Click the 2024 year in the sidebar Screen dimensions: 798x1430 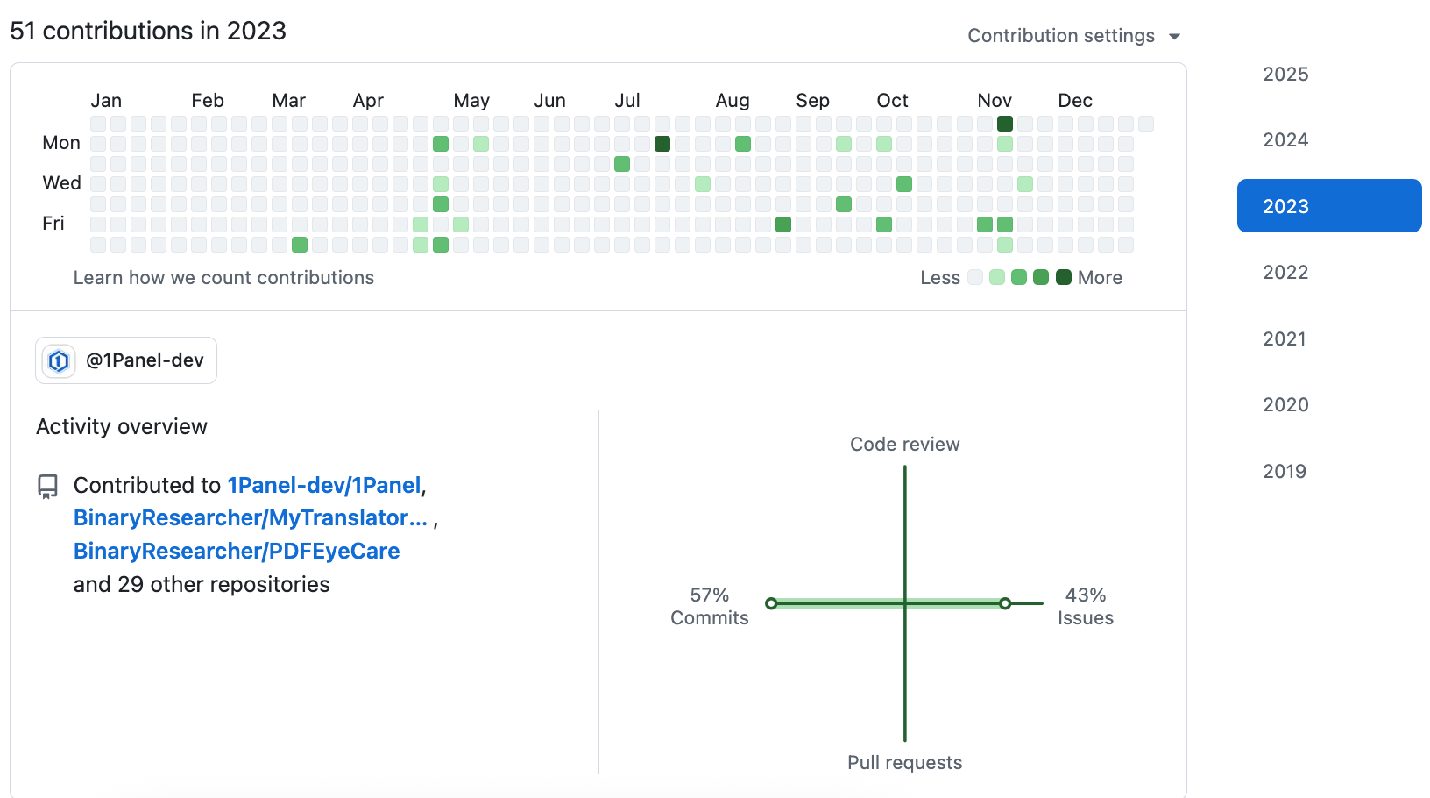[x=1285, y=140]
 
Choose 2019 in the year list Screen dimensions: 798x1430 [x=1284, y=472]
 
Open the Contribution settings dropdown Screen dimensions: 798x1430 [x=1073, y=36]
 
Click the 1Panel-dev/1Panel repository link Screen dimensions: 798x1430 [x=324, y=486]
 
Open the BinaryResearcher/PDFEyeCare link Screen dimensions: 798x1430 [x=237, y=552]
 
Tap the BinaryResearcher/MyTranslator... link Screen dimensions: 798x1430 [x=251, y=518]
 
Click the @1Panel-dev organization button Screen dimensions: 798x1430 [x=126, y=360]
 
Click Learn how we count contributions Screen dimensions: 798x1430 [x=223, y=278]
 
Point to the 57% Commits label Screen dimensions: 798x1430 [x=709, y=606]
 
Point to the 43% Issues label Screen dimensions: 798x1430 [x=1085, y=606]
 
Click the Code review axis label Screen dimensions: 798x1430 [x=904, y=445]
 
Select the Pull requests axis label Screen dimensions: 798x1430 [x=904, y=763]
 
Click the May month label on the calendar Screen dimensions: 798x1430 [x=471, y=101]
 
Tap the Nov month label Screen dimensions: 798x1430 [x=995, y=101]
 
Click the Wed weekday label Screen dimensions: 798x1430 [x=61, y=183]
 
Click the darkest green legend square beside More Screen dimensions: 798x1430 [x=1064, y=278]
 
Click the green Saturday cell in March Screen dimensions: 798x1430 [x=300, y=245]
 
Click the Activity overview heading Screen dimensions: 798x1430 [x=122, y=427]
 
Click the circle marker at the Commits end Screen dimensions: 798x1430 [x=771, y=603]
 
